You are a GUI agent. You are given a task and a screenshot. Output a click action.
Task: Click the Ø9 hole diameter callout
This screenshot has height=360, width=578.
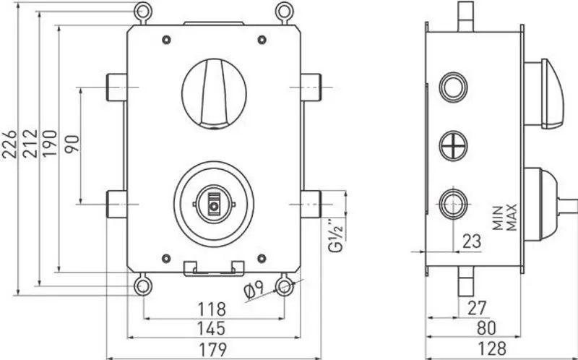[257, 289]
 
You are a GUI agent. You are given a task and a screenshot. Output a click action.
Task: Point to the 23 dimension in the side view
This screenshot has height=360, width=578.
[471, 241]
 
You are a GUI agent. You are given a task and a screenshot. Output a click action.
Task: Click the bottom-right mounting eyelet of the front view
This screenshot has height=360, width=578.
[284, 286]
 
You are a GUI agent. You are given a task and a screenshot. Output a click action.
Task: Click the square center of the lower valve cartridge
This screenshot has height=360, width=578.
[213, 206]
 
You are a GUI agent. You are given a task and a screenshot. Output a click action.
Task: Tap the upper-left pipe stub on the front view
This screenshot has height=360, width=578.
[116, 87]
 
